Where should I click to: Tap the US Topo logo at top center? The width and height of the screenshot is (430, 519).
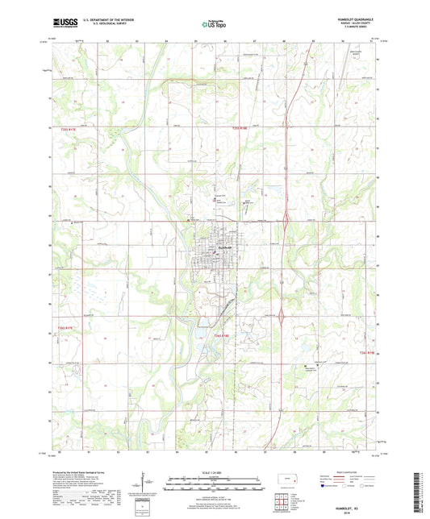coord(214,25)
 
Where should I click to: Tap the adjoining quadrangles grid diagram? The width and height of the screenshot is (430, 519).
coord(282,502)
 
